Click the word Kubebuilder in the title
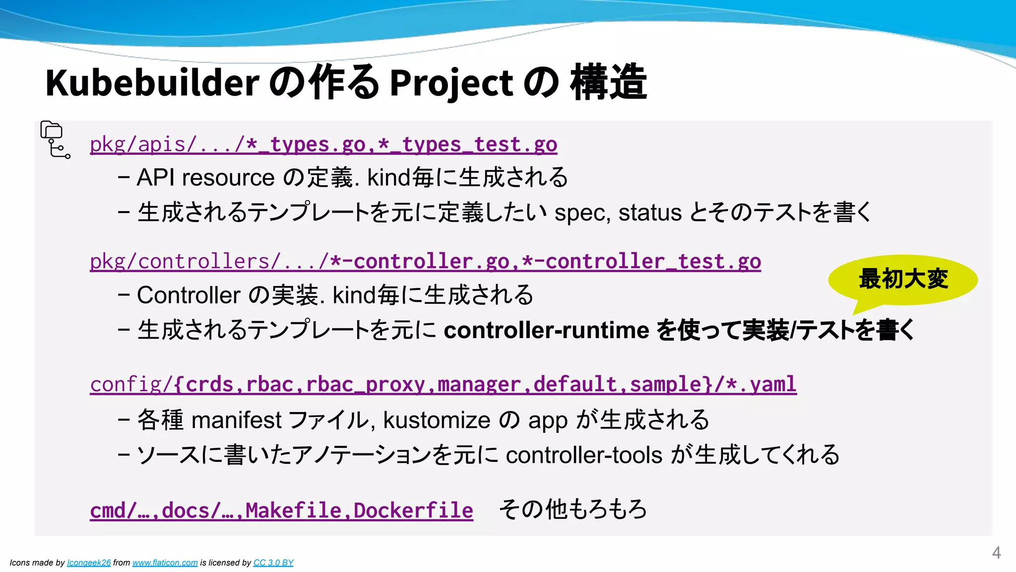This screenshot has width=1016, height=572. (x=152, y=83)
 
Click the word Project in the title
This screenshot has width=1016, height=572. (x=451, y=83)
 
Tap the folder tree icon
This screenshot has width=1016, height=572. (x=55, y=140)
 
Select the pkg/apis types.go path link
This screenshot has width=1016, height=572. (x=323, y=144)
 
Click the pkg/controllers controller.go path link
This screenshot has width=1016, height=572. (x=425, y=262)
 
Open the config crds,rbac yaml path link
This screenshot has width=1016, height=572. (x=443, y=384)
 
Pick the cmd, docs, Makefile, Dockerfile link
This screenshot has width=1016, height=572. (x=281, y=510)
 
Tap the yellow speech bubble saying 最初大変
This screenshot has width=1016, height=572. (x=903, y=280)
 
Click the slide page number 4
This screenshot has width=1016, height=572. (x=996, y=553)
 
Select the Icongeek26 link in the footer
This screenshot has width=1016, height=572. (x=89, y=563)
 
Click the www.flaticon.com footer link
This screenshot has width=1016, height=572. (x=165, y=563)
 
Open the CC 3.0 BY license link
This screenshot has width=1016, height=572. (x=273, y=563)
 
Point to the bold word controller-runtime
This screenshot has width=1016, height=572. (x=546, y=330)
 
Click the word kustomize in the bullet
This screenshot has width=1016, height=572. (x=437, y=421)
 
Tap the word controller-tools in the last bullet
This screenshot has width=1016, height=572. (x=584, y=455)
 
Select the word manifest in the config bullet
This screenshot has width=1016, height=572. (x=236, y=421)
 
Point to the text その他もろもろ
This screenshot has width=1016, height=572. (x=573, y=509)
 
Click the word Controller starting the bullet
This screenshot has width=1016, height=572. (x=189, y=295)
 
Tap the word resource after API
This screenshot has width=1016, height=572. (x=228, y=178)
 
